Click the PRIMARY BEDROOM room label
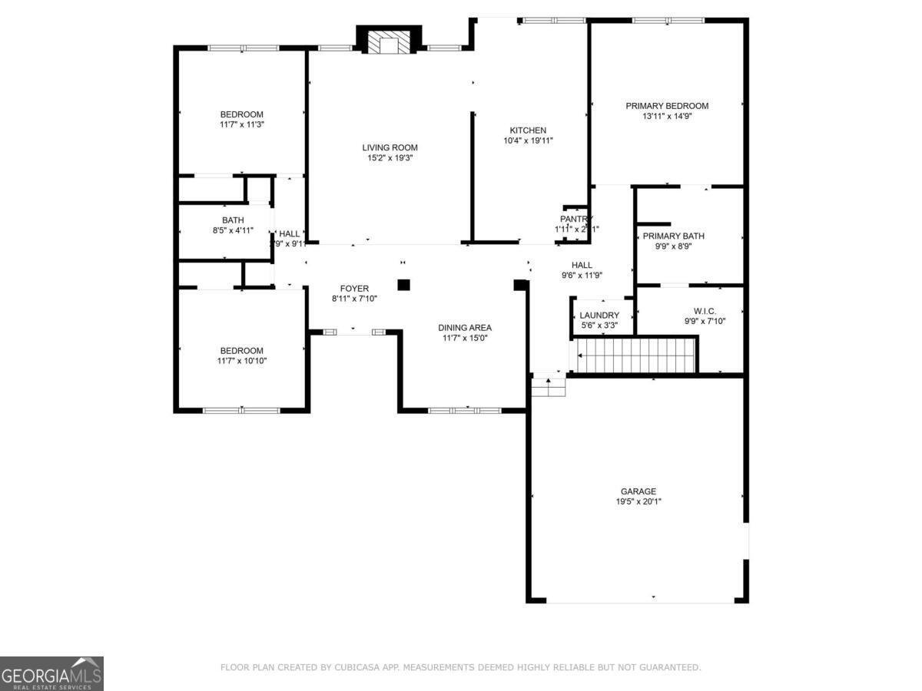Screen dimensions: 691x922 click(667, 106)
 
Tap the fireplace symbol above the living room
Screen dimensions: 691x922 click(389, 43)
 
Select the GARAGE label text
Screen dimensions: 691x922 click(638, 491)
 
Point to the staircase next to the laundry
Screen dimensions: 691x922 click(636, 355)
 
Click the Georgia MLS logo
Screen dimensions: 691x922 click(51, 673)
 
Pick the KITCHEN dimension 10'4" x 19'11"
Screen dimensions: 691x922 click(529, 141)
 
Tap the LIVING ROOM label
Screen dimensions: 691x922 click(390, 147)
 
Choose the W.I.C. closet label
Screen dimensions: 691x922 click(705, 311)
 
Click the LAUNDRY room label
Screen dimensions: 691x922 click(599, 316)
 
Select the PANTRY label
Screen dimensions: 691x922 click(576, 219)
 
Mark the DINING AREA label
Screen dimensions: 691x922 click(465, 328)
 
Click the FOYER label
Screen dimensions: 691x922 click(354, 289)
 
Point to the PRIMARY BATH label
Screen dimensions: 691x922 click(673, 236)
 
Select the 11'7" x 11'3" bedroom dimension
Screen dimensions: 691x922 click(242, 124)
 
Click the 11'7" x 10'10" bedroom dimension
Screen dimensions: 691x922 click(242, 361)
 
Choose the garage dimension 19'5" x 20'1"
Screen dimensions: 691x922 click(638, 502)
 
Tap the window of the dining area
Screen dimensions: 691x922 click(465, 411)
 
